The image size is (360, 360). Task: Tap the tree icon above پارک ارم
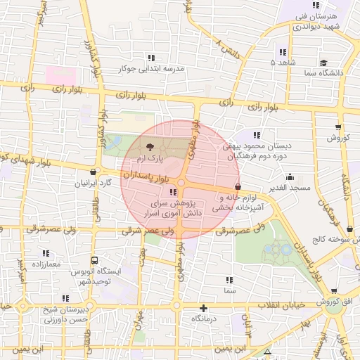point(150,146)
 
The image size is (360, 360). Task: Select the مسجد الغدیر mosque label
point(289,188)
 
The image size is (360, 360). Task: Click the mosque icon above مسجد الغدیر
point(290,177)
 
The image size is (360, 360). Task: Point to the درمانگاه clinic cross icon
point(204,307)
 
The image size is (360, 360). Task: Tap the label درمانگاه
point(204,319)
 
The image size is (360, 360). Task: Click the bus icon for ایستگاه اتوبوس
point(94,260)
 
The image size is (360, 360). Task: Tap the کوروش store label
point(338,139)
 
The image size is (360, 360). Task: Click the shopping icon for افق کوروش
point(333,290)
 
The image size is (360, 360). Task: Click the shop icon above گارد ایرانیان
point(94,171)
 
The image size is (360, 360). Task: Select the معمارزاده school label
point(46,264)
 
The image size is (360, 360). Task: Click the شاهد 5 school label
point(282,63)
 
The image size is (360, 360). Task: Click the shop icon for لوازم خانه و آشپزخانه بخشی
point(238,188)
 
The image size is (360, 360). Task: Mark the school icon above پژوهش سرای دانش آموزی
point(173,191)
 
